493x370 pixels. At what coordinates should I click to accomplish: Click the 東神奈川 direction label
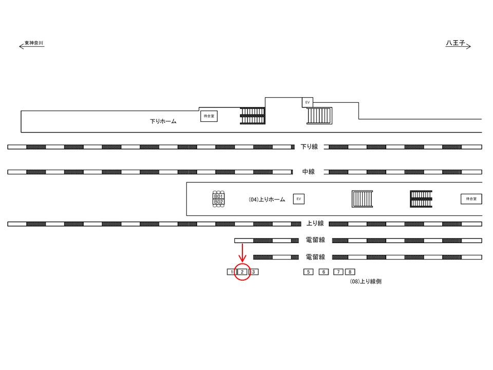(x=34, y=43)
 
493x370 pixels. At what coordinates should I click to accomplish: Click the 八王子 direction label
(x=455, y=43)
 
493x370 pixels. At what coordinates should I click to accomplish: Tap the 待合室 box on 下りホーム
(x=209, y=117)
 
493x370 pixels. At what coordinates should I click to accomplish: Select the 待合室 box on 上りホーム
(x=471, y=198)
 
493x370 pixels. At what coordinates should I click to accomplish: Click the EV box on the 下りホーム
(x=308, y=102)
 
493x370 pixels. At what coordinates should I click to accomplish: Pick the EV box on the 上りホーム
(x=298, y=199)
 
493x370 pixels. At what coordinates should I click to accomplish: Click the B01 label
(x=218, y=196)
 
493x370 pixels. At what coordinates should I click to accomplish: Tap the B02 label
(x=218, y=202)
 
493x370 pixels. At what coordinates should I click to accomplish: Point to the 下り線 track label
(x=309, y=147)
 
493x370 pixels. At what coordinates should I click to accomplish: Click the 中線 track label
(x=308, y=172)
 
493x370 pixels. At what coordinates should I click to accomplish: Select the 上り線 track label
(x=315, y=224)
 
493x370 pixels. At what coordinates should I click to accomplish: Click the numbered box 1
(x=231, y=272)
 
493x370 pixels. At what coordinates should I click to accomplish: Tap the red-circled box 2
(x=242, y=272)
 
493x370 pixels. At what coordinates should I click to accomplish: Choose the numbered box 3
(x=254, y=272)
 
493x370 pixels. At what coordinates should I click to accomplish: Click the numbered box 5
(x=308, y=272)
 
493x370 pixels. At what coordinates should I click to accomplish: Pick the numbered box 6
(x=323, y=272)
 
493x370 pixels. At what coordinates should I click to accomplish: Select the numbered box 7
(x=338, y=272)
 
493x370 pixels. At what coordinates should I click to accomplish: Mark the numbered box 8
(x=350, y=272)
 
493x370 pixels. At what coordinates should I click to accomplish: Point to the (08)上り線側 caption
(x=366, y=282)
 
